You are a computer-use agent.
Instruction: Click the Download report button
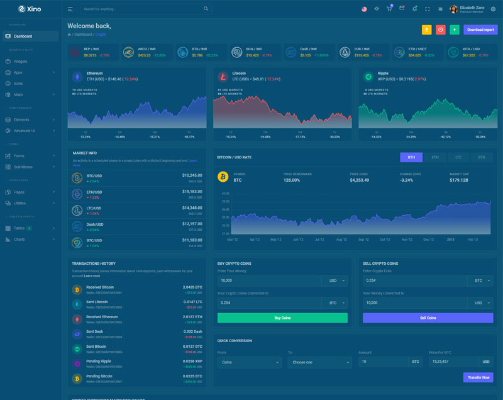point(480,30)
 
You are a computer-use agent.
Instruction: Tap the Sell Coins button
point(428,318)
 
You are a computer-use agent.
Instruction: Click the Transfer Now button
point(478,377)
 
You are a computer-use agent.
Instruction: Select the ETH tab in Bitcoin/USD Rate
point(435,157)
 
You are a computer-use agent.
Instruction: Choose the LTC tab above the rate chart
point(458,157)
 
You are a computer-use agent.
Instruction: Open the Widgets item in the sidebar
point(20,62)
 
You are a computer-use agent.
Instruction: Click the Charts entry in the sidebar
point(19,239)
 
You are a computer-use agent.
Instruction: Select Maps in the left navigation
point(18,94)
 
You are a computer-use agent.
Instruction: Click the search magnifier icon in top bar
point(206,9)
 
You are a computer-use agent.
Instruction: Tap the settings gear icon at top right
point(493,9)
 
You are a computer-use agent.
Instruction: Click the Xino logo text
point(35,9)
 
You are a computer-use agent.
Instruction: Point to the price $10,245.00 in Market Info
point(192,175)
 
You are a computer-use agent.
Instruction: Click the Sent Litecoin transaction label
point(97,302)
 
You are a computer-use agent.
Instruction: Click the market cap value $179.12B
point(460,180)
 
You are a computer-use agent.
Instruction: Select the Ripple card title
point(383,73)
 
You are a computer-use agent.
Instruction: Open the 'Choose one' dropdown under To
point(319,362)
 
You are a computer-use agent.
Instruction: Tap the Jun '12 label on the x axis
point(298,240)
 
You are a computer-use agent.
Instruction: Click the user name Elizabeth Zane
point(472,8)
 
